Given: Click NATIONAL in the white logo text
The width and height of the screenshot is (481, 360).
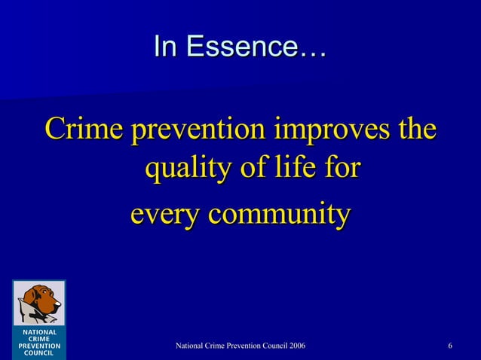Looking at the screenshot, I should [39, 332].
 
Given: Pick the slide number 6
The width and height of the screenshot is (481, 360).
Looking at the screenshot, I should [450, 346].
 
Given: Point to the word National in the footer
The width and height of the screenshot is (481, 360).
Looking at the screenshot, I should [190, 346].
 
